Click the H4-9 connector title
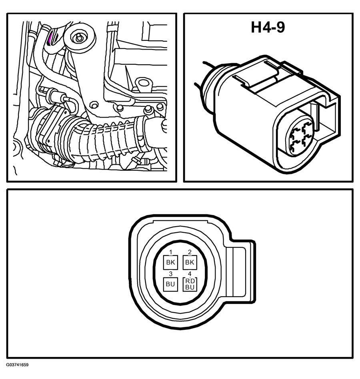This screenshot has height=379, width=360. click(268, 27)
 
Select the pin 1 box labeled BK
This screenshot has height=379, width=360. click(170, 262)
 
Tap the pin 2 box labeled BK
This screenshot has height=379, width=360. click(190, 262)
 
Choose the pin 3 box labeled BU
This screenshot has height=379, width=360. click(170, 284)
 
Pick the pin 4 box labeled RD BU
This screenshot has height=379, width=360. click(190, 284)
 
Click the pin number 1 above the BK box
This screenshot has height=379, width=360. click(171, 252)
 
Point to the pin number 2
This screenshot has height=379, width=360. click(190, 252)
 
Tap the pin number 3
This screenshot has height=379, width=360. click(171, 274)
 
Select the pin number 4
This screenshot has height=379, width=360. click(190, 274)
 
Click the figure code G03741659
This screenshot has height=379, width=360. click(18, 365)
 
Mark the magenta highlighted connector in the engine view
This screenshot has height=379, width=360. click(50, 39)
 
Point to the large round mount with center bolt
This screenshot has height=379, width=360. click(80, 38)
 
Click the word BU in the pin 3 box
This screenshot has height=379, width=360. click(170, 284)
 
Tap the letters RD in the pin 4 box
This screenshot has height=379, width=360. click(190, 281)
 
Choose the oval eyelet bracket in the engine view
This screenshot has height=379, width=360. click(144, 84)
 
